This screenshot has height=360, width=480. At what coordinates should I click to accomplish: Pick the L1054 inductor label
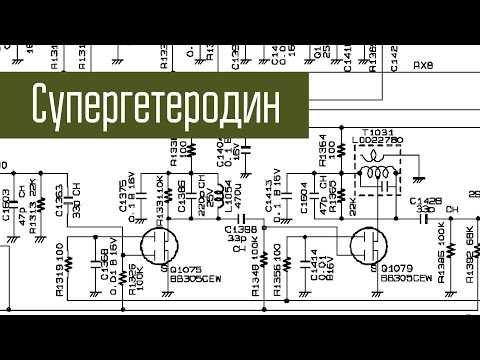tap(228, 196)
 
